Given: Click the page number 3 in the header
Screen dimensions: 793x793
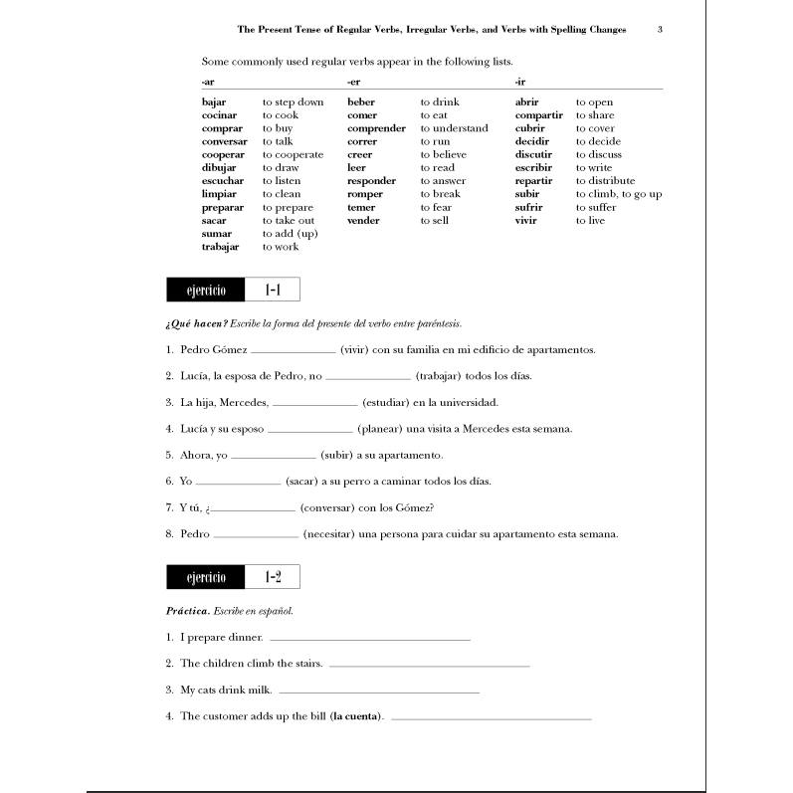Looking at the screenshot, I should [x=661, y=30].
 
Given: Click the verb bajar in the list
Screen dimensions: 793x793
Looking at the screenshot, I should [x=214, y=102].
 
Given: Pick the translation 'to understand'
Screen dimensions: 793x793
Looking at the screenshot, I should [x=454, y=128].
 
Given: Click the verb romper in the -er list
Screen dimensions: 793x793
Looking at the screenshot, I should [x=364, y=194].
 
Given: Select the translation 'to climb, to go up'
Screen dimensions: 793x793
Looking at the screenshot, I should [x=618, y=194].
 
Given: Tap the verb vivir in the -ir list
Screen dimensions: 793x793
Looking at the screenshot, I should [x=526, y=220].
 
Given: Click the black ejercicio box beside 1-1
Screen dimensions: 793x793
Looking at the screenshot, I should [x=206, y=291].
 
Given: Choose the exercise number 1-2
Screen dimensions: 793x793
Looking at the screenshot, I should [x=273, y=577].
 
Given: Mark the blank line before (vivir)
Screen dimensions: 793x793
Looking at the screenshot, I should [x=294, y=352].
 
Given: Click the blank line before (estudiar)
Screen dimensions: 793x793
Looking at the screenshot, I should [x=314, y=404].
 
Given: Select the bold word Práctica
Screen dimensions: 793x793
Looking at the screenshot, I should [x=187, y=610].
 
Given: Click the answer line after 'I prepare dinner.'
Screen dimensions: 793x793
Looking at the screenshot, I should [x=369, y=639].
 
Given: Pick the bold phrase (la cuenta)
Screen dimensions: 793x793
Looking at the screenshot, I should [x=359, y=715].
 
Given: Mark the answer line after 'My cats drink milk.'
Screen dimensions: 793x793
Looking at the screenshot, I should [x=379, y=691].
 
